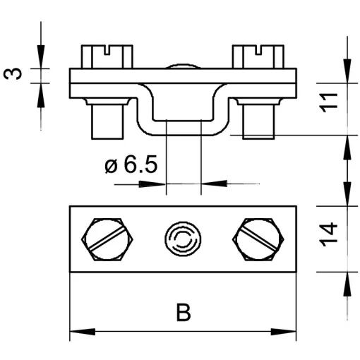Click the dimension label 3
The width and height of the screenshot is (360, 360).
13,73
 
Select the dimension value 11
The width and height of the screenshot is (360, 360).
328,102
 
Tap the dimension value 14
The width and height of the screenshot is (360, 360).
328,234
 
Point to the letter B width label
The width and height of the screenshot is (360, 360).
184,312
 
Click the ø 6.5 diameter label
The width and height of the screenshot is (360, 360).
131,164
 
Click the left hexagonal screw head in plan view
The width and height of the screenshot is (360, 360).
107,239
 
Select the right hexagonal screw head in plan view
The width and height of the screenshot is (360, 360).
258,239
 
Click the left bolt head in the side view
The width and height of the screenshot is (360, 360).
107,56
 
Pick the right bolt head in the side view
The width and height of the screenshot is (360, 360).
258,56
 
